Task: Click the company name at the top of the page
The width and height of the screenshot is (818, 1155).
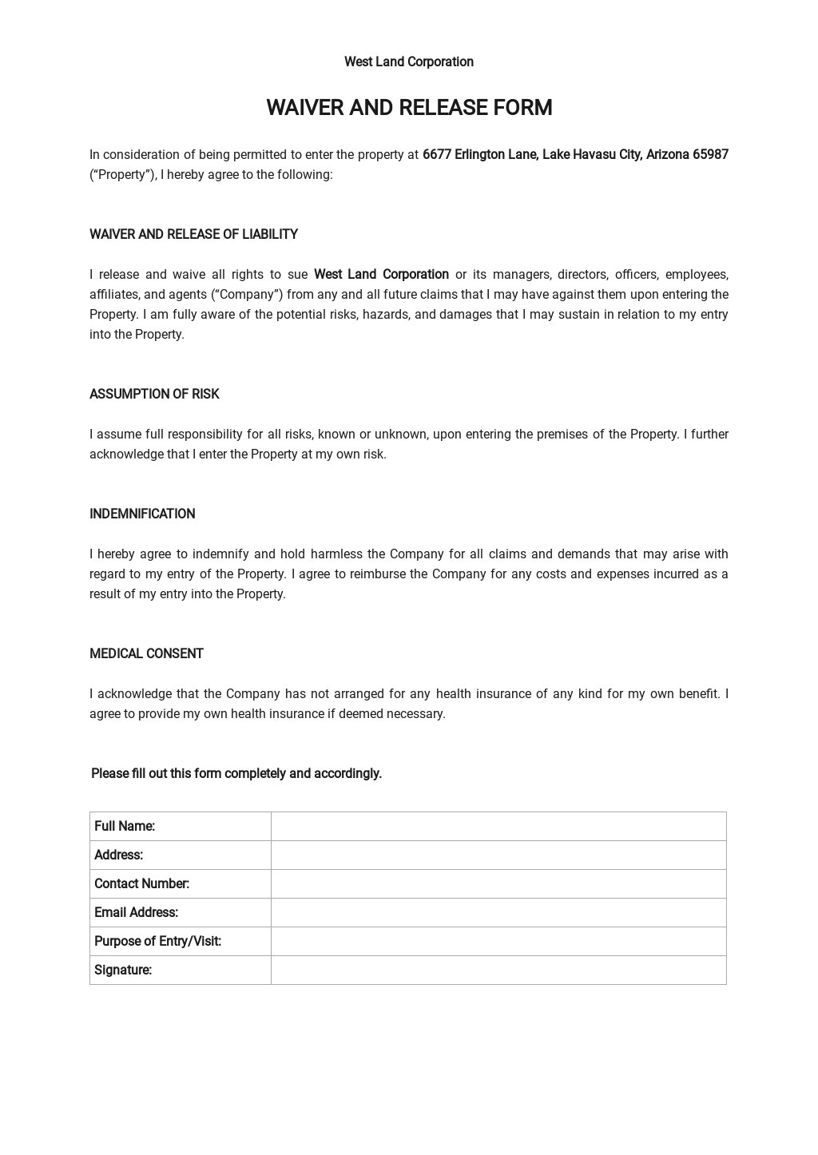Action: pos(408,62)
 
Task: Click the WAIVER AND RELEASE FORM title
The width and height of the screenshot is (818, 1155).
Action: pos(409,108)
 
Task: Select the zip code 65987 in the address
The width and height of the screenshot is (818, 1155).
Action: pos(710,154)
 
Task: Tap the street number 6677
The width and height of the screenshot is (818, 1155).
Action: pos(437,154)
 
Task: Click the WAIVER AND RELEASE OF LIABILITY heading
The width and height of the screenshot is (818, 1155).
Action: pos(193,234)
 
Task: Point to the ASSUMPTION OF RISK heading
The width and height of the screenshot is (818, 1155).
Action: pos(154,394)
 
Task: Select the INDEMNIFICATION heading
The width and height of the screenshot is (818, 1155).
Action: pos(142,514)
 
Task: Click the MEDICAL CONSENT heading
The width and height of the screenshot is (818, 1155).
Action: pos(146,653)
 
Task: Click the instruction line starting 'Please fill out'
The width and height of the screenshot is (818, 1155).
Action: pos(236,773)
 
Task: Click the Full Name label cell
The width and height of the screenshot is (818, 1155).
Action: pos(125,826)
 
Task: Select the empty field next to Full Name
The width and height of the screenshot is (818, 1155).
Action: pos(498,826)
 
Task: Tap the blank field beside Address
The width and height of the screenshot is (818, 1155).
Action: pos(498,855)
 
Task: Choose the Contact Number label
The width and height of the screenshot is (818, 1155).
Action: pos(141,883)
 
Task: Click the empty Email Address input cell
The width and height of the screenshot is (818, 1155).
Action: pos(498,912)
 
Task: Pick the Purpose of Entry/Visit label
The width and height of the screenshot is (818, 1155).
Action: pos(157,941)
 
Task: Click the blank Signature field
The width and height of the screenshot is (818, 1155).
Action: pos(498,970)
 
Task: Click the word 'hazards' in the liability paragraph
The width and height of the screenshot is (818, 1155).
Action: pos(385,314)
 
